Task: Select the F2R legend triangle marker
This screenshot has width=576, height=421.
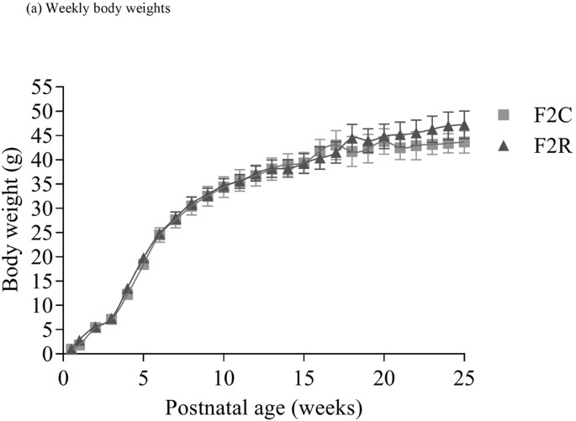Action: pos(505,145)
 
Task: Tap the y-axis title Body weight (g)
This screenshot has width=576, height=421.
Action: pos(12,220)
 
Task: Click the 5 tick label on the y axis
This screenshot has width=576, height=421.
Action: pos(45,330)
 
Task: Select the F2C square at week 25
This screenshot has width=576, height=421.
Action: pos(463,142)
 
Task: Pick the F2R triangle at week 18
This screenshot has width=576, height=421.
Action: pos(351,138)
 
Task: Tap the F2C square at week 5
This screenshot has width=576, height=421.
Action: pos(144,264)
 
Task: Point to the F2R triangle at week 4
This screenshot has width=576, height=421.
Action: pos(128,289)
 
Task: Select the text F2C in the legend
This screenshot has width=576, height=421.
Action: pos(541,115)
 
